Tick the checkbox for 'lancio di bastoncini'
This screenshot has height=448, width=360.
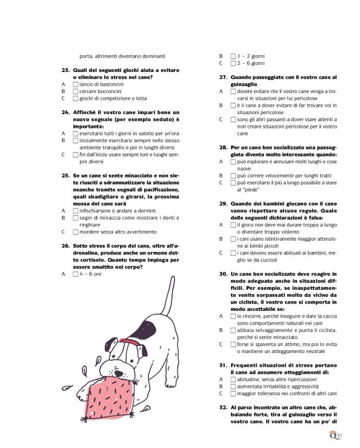75,84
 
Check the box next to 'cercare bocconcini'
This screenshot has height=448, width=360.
75,91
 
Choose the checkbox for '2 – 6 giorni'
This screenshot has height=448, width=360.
232,63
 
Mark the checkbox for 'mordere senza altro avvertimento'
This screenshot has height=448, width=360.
75,231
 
